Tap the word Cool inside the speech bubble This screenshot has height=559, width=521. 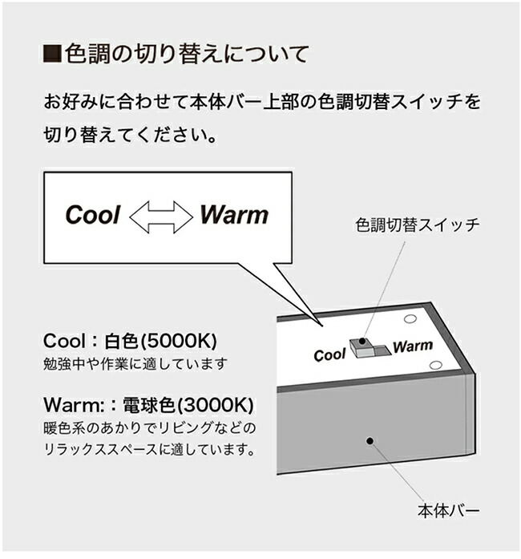point(92,215)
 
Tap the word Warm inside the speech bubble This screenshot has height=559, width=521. point(234,214)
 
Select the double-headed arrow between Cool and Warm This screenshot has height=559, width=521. point(162,215)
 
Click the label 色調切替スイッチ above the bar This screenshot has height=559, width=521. point(417,225)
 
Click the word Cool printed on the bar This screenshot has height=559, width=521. point(329,354)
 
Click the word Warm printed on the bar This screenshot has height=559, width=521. point(413,347)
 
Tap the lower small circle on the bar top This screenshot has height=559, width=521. point(435,366)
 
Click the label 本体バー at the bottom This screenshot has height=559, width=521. point(450,510)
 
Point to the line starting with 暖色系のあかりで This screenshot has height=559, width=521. point(150,426)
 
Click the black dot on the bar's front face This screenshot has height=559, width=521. point(370,441)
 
